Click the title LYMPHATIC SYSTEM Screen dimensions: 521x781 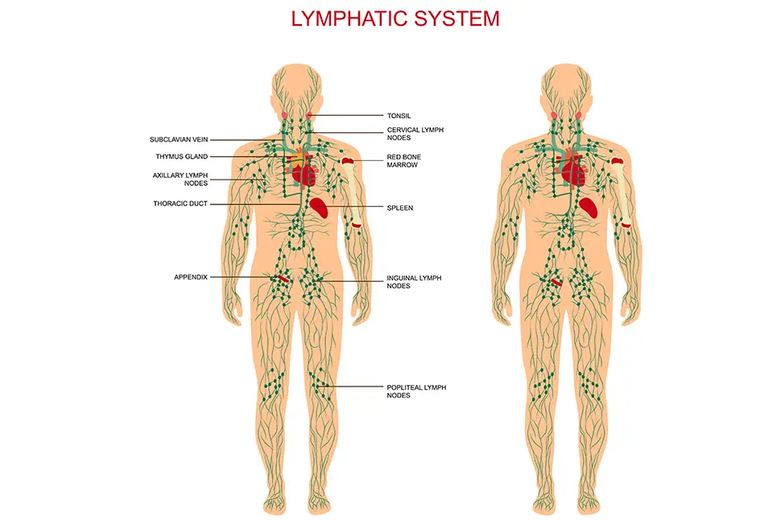(x=395, y=18)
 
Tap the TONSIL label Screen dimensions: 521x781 (x=399, y=116)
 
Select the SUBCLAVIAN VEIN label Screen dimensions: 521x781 (x=179, y=139)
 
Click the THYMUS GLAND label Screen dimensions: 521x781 (x=181, y=156)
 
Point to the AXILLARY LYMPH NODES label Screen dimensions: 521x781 (x=180, y=179)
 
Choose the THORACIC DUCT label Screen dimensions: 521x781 (x=180, y=204)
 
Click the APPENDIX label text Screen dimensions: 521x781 (x=191, y=277)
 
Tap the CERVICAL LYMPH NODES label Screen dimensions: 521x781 (x=415, y=133)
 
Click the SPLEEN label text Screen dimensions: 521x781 (x=400, y=208)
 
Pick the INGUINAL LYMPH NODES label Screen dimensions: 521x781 (x=414, y=282)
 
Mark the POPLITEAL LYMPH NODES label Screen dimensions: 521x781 (x=416, y=391)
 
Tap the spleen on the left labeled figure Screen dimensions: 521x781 (x=321, y=208)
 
